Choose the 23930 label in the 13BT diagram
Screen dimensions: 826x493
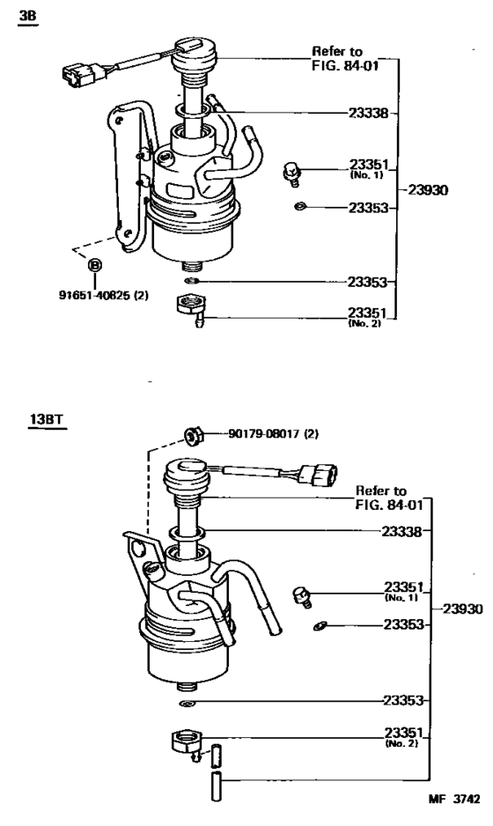[461, 608]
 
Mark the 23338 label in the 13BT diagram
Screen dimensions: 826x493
[401, 531]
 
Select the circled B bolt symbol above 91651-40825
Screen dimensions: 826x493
[94, 264]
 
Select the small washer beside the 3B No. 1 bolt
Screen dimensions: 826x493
[300, 207]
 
